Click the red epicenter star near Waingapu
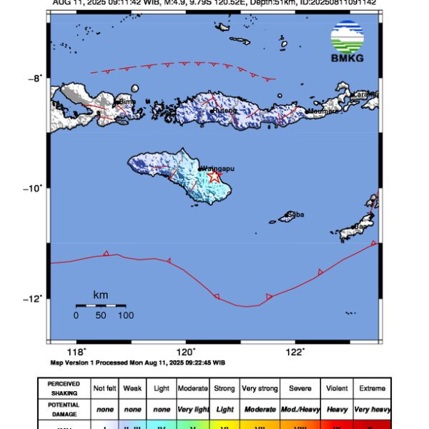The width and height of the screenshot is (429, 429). (214, 176)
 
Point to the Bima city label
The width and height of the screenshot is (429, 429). (127, 102)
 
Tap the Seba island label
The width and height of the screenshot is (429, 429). (293, 214)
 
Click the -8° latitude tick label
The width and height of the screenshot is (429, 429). (36, 78)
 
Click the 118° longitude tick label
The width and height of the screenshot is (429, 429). (76, 351)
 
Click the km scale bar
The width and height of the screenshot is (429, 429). (101, 306)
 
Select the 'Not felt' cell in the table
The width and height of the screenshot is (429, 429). (105, 388)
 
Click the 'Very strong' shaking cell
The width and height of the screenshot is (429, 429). (259, 388)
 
